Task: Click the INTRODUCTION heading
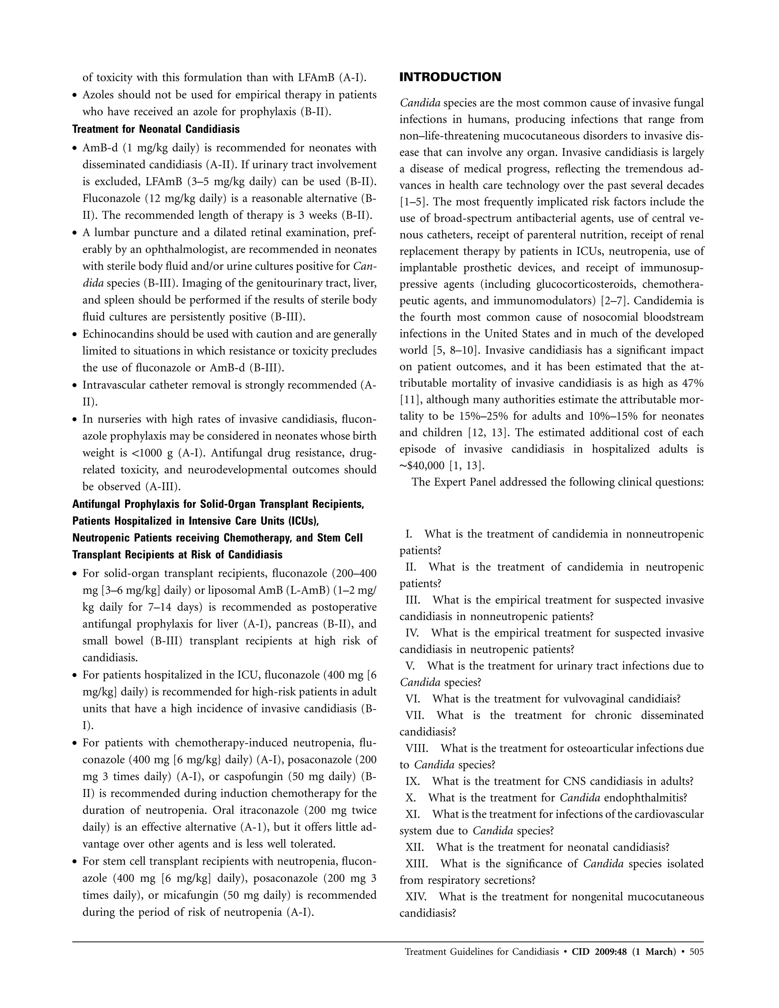point(450,77)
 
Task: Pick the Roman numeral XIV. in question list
point(416,897)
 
